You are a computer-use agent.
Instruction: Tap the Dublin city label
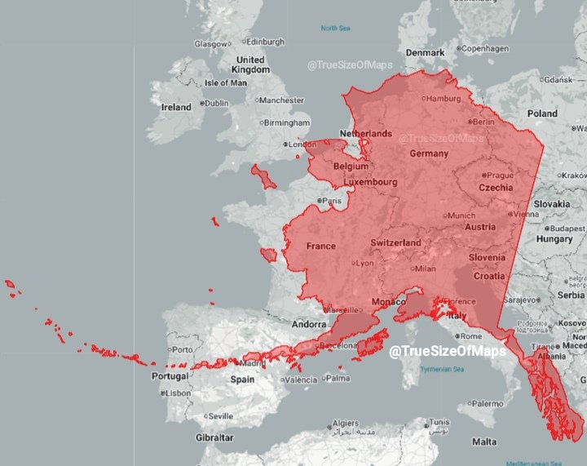point(216,104)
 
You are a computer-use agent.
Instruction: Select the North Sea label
point(335,28)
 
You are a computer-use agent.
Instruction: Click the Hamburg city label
point(444,99)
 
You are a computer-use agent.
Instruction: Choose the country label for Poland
point(542,113)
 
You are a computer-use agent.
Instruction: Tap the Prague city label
point(500,175)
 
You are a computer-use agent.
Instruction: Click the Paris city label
point(331,200)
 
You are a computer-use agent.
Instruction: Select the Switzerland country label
point(395,242)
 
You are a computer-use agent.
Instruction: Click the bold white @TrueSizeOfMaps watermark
point(447,351)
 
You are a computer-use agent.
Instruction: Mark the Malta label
point(484,442)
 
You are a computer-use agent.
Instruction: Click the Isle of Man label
point(226,82)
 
